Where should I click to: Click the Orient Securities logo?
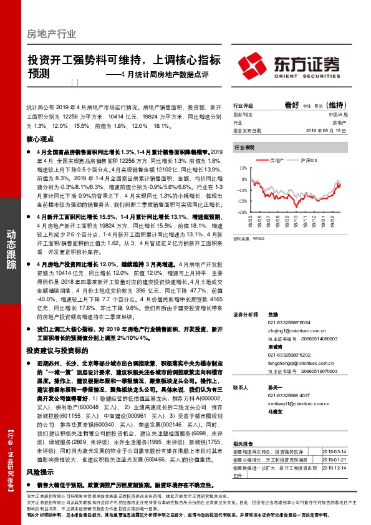(288, 64)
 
